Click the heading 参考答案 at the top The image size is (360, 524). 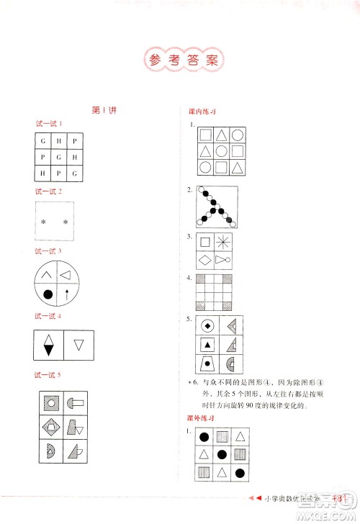[180, 59]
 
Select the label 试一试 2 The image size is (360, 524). [49, 191]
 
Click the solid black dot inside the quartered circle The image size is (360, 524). [48, 293]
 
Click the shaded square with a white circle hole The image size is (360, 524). [50, 402]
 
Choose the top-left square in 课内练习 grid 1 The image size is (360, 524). [206, 135]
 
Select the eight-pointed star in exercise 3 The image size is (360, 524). [225, 242]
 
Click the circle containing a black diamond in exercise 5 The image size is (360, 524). [207, 325]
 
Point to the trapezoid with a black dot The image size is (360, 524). [207, 363]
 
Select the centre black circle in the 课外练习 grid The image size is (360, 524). [223, 454]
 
